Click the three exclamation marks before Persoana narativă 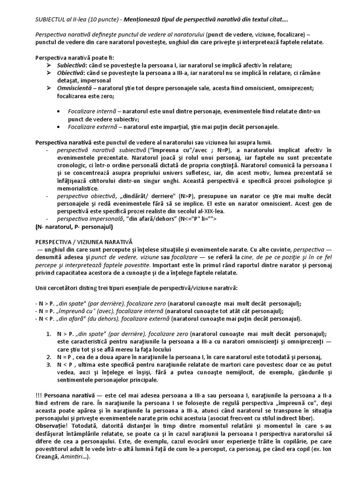click(38, 395)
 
